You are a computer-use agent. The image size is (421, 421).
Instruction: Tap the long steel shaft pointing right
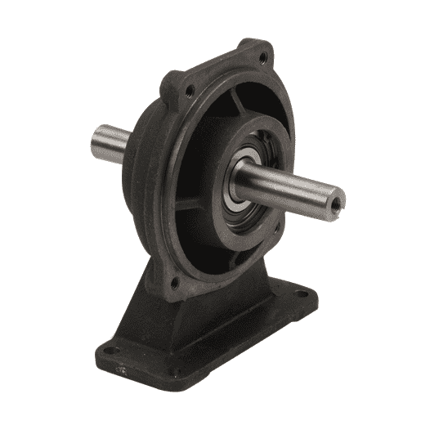[290, 187]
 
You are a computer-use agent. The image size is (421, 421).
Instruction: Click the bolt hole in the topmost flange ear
[262, 58]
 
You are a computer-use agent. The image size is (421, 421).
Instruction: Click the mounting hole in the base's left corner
[114, 352]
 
